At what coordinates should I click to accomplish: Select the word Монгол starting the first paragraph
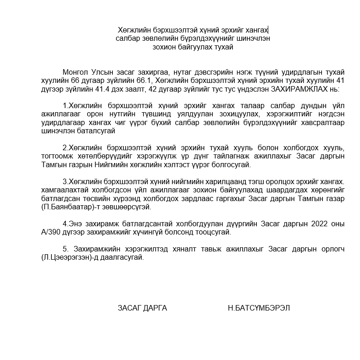(x=73, y=72)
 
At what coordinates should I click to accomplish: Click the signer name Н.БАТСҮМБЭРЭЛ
(x=259, y=308)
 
